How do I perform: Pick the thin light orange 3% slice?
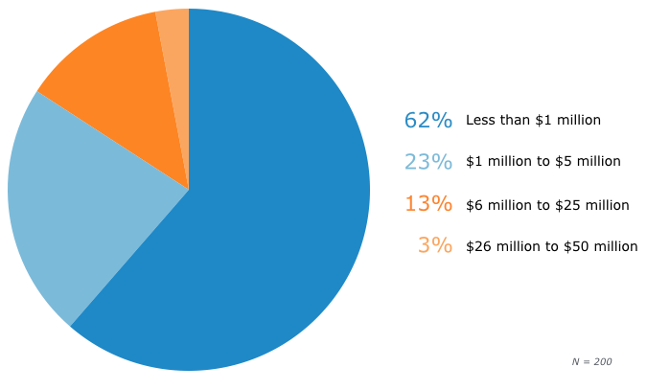point(174,57)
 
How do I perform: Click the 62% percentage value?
point(427,121)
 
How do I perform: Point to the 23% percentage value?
point(427,162)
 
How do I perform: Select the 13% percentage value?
point(427,204)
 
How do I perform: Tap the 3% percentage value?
point(434,245)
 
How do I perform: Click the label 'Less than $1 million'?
point(533,121)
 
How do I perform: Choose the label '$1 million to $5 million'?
point(543,162)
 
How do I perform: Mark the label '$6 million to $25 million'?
point(547,205)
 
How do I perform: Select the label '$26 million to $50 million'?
point(551,246)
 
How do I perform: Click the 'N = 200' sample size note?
point(591,361)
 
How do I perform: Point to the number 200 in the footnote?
point(602,361)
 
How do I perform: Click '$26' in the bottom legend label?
point(477,246)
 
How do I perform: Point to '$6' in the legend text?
point(474,205)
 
